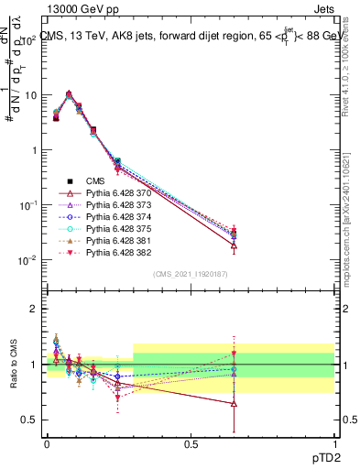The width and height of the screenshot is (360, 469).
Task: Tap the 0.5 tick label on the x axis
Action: click(x=191, y=443)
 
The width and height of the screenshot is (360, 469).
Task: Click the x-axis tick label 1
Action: click(x=334, y=443)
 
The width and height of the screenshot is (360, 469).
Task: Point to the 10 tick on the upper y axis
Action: click(x=30, y=95)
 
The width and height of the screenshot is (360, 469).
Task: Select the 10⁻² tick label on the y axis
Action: click(x=27, y=260)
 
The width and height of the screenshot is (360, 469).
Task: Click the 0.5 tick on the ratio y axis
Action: click(x=30, y=420)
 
